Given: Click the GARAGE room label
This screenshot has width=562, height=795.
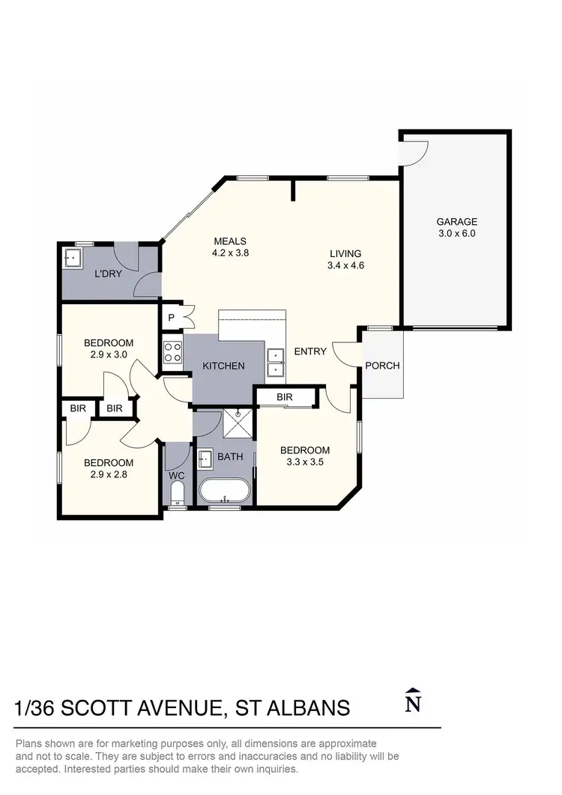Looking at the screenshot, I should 456,222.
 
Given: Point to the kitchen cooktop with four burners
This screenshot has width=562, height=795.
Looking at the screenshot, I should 172,352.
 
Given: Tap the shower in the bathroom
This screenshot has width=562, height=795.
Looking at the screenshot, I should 239,426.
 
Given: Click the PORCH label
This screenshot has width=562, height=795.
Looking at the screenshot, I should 382,366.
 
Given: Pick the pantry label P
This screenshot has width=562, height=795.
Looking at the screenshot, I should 171,317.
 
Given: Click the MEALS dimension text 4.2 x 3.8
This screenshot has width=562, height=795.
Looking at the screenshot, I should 230,253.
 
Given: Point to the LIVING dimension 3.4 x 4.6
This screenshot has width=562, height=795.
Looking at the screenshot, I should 345,265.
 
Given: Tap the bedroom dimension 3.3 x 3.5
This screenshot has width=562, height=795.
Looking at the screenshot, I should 305,462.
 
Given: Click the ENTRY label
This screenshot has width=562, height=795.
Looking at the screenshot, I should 309,351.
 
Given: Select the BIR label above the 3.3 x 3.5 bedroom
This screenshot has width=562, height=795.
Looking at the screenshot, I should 284,396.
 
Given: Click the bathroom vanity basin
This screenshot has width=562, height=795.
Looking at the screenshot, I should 205,458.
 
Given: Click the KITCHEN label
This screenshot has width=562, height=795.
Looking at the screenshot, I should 223,366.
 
